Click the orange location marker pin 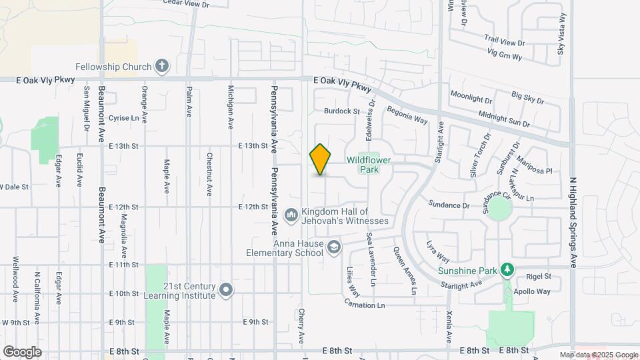(x=321, y=160)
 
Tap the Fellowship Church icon (x=161, y=66)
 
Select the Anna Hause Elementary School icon (x=334, y=247)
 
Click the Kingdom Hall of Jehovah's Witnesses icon (x=291, y=215)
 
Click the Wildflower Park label (x=368, y=165)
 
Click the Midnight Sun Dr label (x=504, y=119)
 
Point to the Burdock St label (x=342, y=111)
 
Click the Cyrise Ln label (x=127, y=118)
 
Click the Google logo (x=22, y=351)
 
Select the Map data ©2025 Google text (x=599, y=355)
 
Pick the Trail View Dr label (x=505, y=42)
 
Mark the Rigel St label (x=539, y=276)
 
